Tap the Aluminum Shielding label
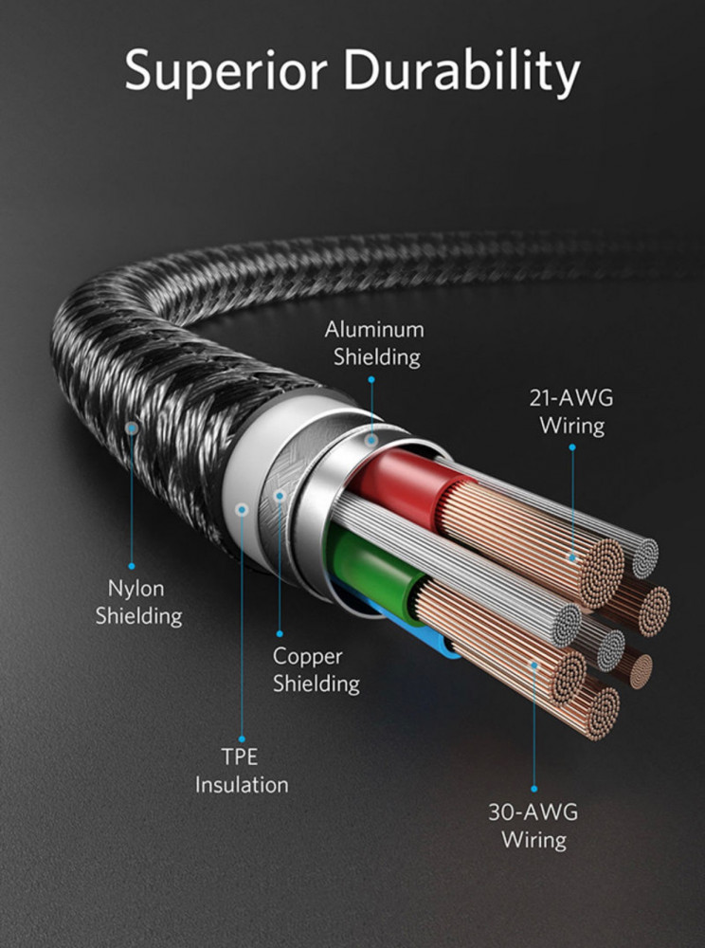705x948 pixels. (374, 343)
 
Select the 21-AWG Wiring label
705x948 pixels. (571, 411)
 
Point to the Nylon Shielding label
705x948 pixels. (138, 602)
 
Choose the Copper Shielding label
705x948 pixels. (316, 670)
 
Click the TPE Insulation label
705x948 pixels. (242, 771)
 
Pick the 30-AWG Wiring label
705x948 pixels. (533, 826)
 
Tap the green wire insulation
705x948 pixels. (370, 565)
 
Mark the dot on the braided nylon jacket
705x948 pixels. (131, 428)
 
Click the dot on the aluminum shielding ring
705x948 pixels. (371, 440)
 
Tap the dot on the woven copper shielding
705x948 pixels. (280, 496)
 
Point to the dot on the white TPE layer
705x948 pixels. (243, 510)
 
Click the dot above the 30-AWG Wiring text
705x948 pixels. (534, 789)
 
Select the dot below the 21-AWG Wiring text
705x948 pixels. (572, 447)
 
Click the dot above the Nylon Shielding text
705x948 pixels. (132, 567)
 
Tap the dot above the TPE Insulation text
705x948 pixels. (242, 738)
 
